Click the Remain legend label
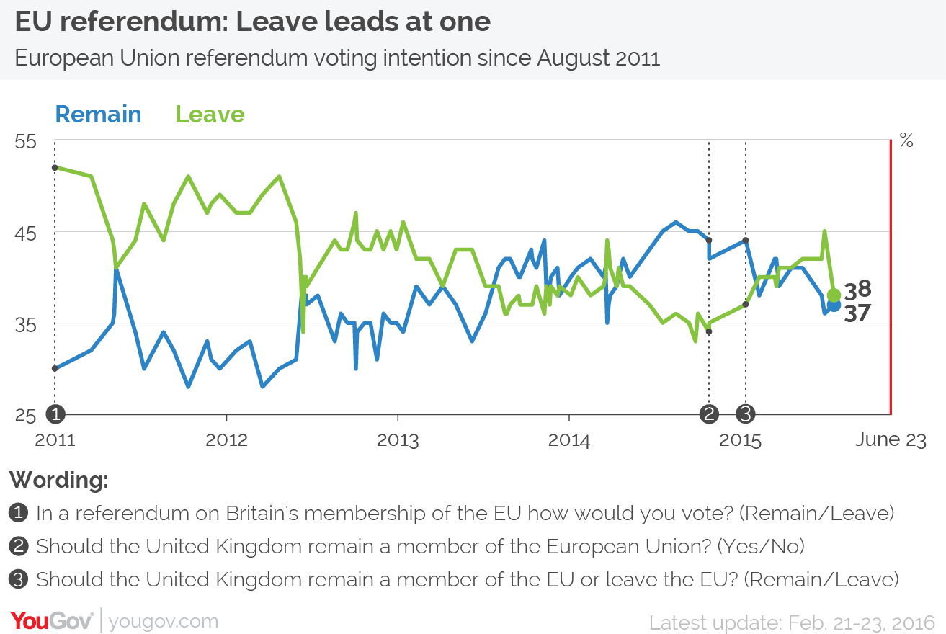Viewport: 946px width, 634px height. [x=98, y=115]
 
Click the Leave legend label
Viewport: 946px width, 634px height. [x=210, y=115]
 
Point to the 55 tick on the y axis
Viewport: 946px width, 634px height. [x=26, y=141]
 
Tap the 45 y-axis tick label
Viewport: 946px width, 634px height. [x=26, y=233]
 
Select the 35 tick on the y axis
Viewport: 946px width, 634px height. [x=26, y=324]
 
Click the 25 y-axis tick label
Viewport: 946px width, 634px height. [x=26, y=416]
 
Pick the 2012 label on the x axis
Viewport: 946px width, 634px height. [x=226, y=439]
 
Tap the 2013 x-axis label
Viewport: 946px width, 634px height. [x=398, y=439]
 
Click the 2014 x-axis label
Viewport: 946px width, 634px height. [x=569, y=439]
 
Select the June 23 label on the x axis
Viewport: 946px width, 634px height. [x=891, y=439]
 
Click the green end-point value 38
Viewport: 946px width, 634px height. [x=858, y=290]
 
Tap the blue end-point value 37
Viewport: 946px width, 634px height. [x=858, y=313]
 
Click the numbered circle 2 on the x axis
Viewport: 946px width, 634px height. [x=709, y=414]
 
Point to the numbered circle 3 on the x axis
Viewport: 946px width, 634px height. [x=746, y=414]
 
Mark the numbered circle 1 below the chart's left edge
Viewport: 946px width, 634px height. [x=55, y=414]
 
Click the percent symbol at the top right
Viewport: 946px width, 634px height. [x=906, y=141]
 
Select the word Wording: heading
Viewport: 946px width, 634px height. [x=59, y=479]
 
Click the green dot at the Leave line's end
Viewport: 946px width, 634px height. [x=834, y=295]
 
